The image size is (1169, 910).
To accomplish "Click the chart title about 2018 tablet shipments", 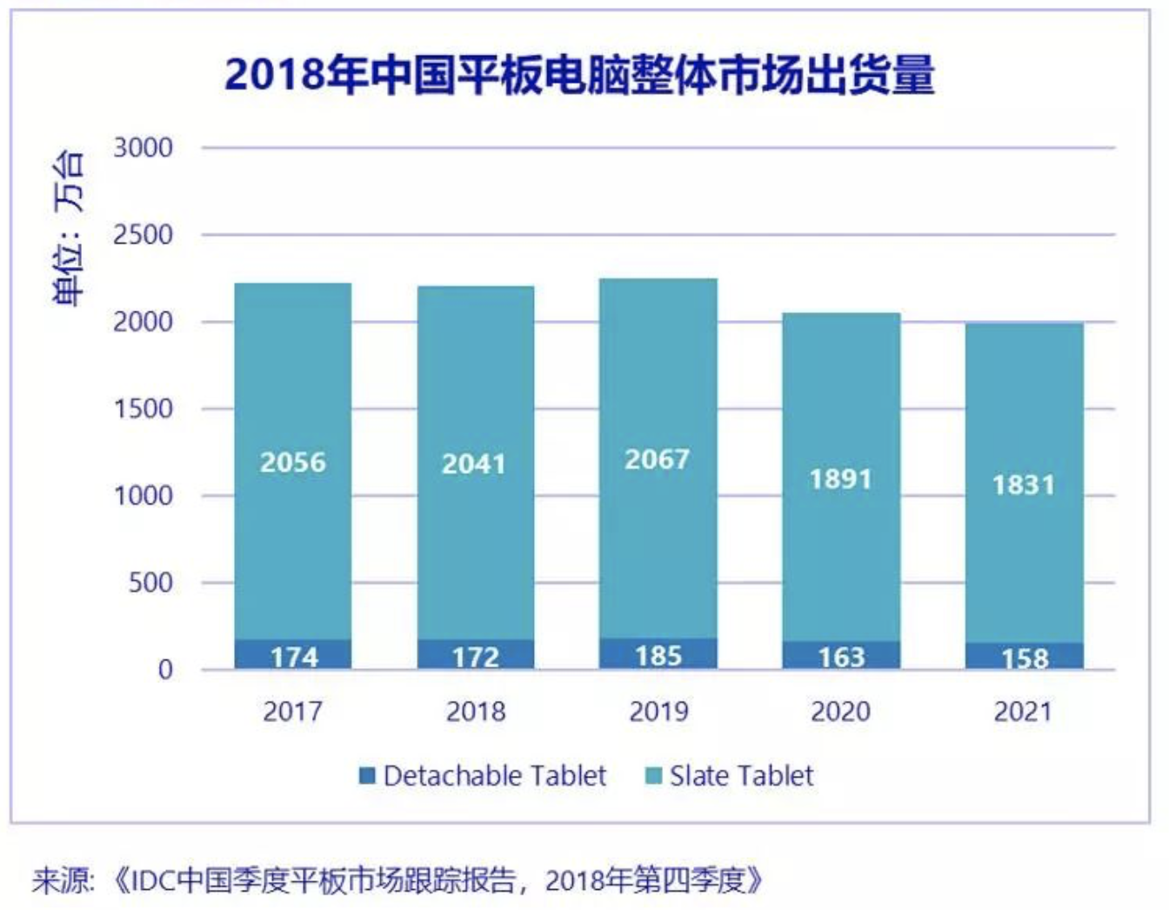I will (x=579, y=75).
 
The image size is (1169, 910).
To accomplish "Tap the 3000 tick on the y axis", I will (x=144, y=148).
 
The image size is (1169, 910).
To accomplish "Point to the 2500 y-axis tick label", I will (x=144, y=235).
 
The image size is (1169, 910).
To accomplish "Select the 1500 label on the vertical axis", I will (x=144, y=409).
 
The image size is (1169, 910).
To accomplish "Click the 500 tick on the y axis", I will (x=150, y=583).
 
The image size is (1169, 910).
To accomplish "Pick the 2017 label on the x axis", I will (x=292, y=712).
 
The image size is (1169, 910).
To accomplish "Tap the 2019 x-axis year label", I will (x=658, y=712).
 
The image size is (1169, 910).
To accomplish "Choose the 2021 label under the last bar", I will (x=1023, y=712).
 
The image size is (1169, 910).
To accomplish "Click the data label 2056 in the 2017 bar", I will (x=293, y=462).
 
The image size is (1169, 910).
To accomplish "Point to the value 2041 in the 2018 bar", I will (x=474, y=465).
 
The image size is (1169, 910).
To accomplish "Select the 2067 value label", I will (x=657, y=459).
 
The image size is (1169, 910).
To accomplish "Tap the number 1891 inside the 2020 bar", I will (x=840, y=479).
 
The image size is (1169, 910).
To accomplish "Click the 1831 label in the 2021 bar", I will (x=1023, y=485).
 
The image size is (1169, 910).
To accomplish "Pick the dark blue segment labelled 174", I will (x=293, y=655).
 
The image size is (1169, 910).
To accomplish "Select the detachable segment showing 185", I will (x=658, y=654).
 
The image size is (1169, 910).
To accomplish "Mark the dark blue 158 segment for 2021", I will (x=1025, y=657).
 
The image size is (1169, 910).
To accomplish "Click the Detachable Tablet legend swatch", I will (x=368, y=775).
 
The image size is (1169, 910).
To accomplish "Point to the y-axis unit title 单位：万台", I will (x=69, y=228).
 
